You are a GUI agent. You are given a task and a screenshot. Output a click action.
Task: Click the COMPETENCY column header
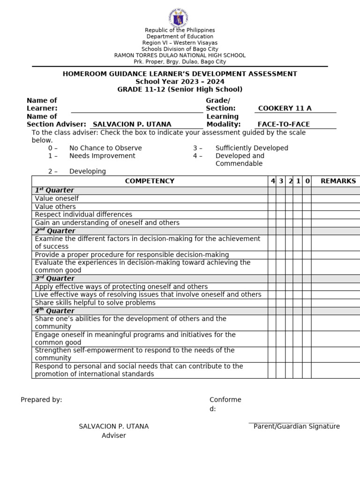point(150,181)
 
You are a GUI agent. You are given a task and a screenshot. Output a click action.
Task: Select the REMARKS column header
point(338,181)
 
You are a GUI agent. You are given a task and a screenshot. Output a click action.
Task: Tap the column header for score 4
point(272,181)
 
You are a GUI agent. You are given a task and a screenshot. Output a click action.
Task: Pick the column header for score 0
point(307,181)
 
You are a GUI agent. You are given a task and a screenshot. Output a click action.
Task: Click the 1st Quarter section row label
point(54,190)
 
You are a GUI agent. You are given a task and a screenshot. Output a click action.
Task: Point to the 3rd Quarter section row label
point(55,278)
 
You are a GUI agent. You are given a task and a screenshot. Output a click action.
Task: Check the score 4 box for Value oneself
point(272,198)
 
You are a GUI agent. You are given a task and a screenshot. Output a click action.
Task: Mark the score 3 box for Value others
point(280,207)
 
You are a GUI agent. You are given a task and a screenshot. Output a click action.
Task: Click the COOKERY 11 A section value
point(285,108)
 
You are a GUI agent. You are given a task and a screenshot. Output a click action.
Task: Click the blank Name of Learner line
point(136,109)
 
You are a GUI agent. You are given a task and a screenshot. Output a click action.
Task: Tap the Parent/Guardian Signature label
point(296,426)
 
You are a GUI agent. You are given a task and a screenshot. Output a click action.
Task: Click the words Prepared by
point(41,399)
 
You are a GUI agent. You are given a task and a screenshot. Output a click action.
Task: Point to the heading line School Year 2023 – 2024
point(180,82)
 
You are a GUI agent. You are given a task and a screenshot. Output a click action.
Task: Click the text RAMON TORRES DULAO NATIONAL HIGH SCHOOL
point(180,55)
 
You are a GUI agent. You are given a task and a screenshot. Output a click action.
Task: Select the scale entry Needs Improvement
point(102,156)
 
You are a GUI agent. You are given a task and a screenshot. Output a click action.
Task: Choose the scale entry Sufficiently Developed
point(252,148)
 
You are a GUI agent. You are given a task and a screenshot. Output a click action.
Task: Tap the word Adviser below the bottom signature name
point(114,435)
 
